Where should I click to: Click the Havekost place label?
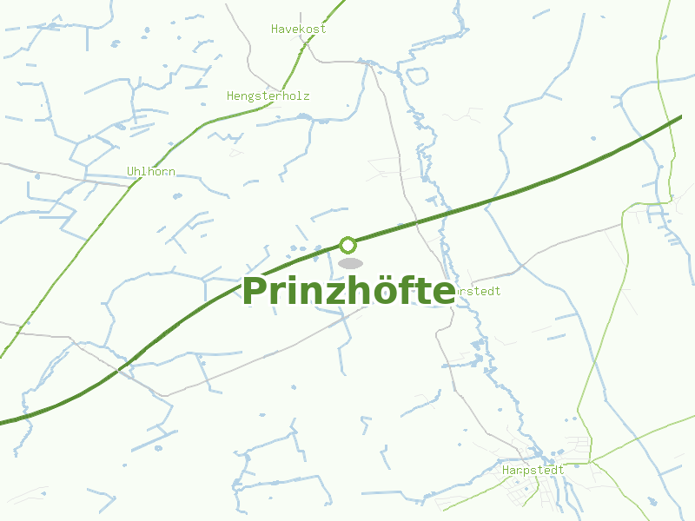[x=298, y=29]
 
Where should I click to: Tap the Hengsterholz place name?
[x=268, y=96]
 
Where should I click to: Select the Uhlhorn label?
[x=151, y=171]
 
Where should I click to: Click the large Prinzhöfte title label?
[x=347, y=291]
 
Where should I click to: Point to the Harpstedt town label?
[x=533, y=470]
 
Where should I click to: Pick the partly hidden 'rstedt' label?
[x=478, y=291]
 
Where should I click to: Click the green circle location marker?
[x=347, y=245]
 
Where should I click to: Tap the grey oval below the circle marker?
[x=350, y=263]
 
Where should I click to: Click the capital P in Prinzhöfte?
[x=255, y=291]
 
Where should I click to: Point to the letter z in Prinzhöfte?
[x=334, y=293]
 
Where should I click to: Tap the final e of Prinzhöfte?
[x=442, y=293]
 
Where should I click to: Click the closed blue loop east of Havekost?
[x=418, y=75]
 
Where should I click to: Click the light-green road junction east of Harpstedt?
[x=588, y=463]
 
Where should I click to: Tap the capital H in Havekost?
[x=275, y=29]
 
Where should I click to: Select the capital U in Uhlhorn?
[x=130, y=171]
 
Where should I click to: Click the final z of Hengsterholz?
[x=306, y=96]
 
